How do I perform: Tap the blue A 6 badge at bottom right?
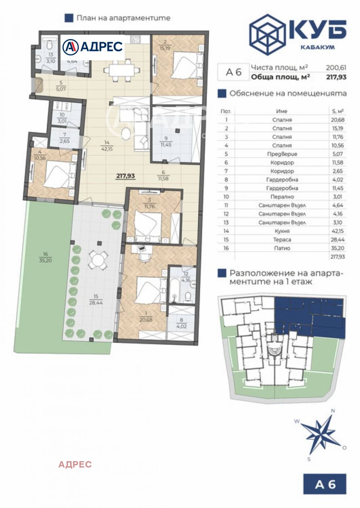(x=325, y=484)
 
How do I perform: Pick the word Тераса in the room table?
(x=282, y=239)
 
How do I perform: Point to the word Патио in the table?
(x=282, y=248)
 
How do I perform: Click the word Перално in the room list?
(x=282, y=197)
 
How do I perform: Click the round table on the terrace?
(x=98, y=259)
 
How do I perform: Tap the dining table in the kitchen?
(x=119, y=70)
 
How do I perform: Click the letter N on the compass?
(x=333, y=410)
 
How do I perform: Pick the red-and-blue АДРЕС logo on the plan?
(x=93, y=46)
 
